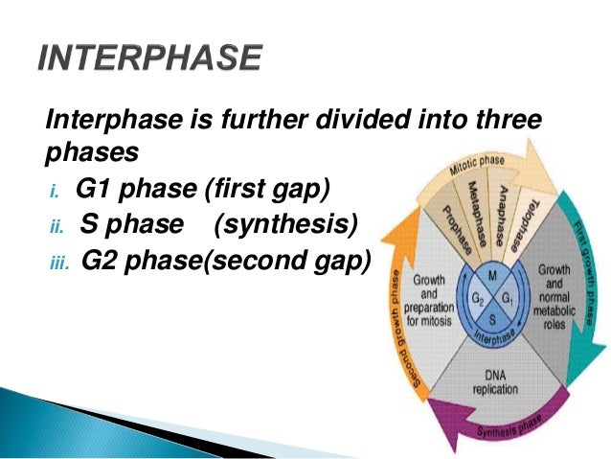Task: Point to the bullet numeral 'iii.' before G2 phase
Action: tap(58, 261)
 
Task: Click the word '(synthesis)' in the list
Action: tap(286, 224)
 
